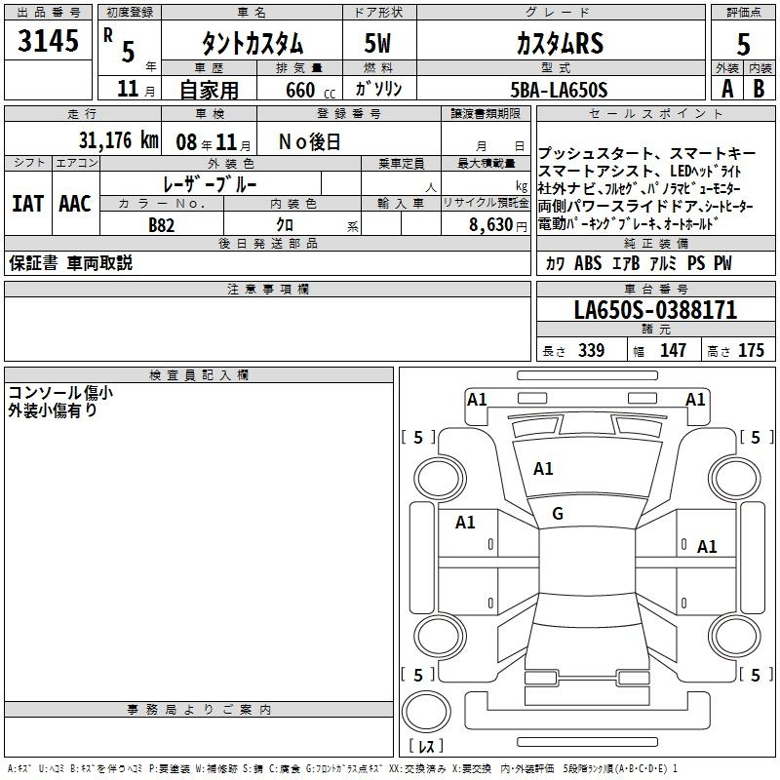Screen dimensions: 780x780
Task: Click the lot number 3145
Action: pos(48,40)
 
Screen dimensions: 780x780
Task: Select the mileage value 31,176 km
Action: pos(118,140)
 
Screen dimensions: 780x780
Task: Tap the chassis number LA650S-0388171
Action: pos(655,310)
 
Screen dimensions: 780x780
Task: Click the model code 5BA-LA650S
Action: pos(559,90)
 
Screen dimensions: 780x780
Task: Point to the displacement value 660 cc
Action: pos(310,91)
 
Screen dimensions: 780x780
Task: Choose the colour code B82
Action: pos(162,225)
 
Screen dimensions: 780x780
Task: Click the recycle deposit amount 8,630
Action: pos(491,225)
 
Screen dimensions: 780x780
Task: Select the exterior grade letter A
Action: pos(727,89)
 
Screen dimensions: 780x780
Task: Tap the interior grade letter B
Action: pos(759,89)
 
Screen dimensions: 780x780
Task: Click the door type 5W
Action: pos(377,43)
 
